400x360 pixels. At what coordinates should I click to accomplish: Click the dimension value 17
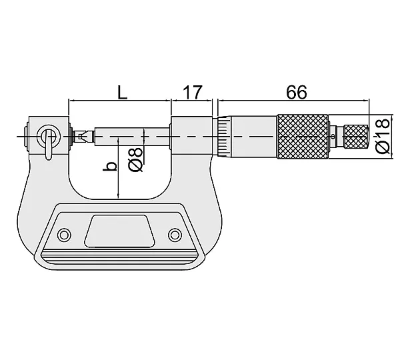coord(193,92)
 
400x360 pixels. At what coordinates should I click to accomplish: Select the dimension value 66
coord(297,92)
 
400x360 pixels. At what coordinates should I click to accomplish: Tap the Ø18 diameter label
coord(383,136)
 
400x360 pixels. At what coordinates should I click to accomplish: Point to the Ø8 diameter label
coord(135,159)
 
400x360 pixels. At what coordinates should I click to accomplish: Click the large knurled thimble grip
coord(303,137)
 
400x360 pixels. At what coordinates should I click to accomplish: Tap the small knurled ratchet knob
coord(356,137)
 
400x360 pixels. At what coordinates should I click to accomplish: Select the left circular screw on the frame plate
coord(64,235)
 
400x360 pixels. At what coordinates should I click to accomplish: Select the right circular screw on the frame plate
coord(175,235)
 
